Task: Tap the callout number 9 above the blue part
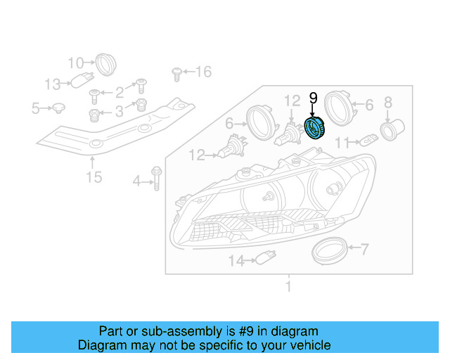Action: coord(314,98)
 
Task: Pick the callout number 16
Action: coord(202,72)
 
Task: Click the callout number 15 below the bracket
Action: coord(94,176)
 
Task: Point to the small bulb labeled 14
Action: coord(264,260)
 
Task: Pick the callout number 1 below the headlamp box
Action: coord(287,286)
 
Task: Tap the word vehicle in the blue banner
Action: coord(302,345)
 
